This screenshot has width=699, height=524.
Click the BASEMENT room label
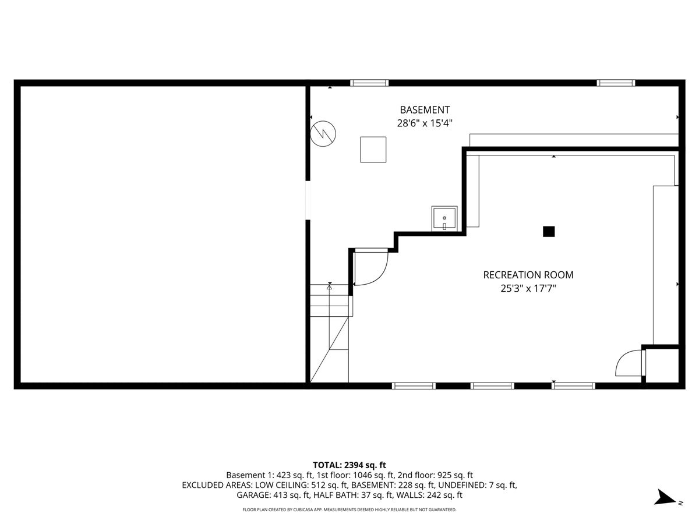[424, 109]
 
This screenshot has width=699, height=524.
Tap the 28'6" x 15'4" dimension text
[424, 123]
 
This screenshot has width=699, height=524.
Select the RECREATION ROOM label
[528, 275]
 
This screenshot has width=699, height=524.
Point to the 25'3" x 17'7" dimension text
[528, 288]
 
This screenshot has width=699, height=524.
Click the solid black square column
[548, 232]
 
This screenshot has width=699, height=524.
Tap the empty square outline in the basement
[373, 149]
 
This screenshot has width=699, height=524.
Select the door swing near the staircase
[370, 268]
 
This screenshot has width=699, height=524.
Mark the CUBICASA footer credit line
[349, 509]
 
